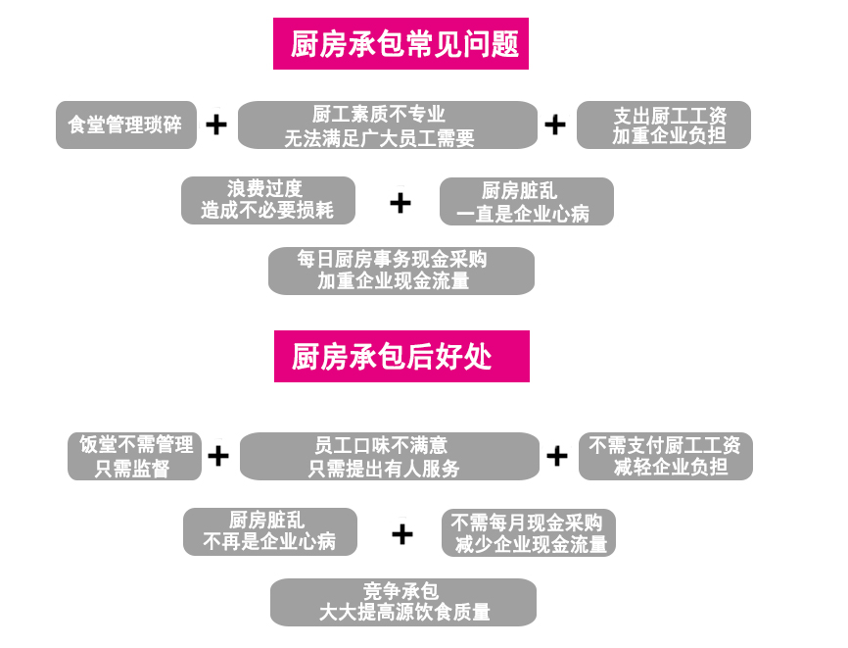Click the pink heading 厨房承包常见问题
pyautogui.click(x=400, y=44)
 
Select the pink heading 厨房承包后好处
pyautogui.click(x=401, y=356)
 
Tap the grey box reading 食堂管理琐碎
pyautogui.click(x=125, y=125)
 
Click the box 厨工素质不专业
pyautogui.click(x=387, y=125)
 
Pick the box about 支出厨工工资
pyautogui.click(x=664, y=125)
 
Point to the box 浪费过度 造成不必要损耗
pyautogui.click(x=267, y=200)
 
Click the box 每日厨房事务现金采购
pyautogui.click(x=400, y=271)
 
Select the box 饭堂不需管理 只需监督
pyautogui.click(x=134, y=457)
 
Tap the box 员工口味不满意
pyautogui.click(x=389, y=457)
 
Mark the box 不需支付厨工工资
pyautogui.click(x=666, y=457)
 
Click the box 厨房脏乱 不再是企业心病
pyautogui.click(x=269, y=531)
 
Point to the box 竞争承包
pyautogui.click(x=402, y=602)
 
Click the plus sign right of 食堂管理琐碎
pyautogui.click(x=216, y=125)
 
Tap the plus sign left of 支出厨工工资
pyautogui.click(x=555, y=125)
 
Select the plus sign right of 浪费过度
pyautogui.click(x=400, y=203)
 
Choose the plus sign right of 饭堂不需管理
pyautogui.click(x=218, y=457)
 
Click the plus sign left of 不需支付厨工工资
pyautogui.click(x=557, y=457)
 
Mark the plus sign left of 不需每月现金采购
pyautogui.click(x=402, y=534)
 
